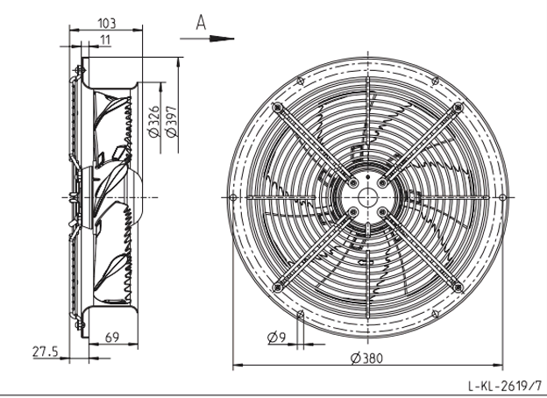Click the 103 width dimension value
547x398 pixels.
pos(106,24)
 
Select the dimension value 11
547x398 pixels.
pos(105,40)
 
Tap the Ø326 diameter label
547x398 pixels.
pos(154,121)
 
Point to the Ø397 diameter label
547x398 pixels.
pos(172,121)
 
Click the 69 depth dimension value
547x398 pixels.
pos(112,338)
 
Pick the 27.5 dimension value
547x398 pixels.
pos(46,352)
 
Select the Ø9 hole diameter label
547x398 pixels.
pos(277,338)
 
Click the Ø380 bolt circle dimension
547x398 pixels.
pos(366,359)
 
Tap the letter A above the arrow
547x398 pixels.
pos(201,22)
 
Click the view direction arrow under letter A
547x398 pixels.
pos(207,39)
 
